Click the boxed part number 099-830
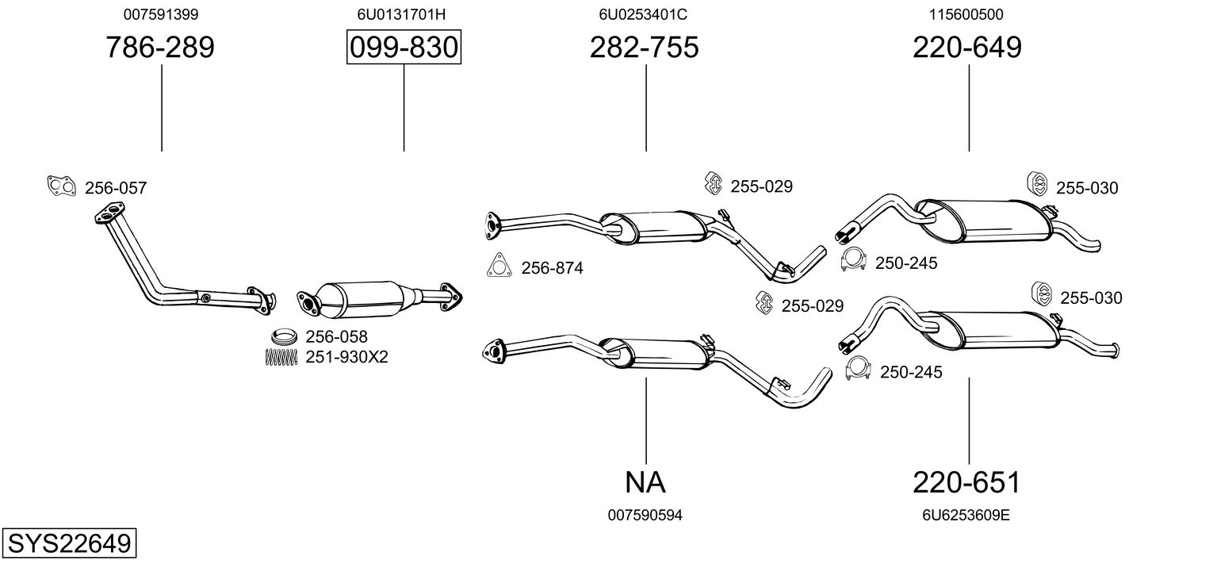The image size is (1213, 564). tap(404, 48)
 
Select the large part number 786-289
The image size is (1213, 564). tap(160, 48)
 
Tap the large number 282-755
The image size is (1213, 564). tap(644, 48)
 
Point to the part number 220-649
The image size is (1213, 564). tap(967, 48)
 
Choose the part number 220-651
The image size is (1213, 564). tap(966, 482)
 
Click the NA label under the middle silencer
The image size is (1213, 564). tap(645, 482)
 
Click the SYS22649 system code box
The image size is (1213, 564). tap(69, 544)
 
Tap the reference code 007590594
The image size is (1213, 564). tap(645, 516)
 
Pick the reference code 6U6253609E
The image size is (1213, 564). tap(966, 516)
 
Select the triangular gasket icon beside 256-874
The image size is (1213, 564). tap(498, 266)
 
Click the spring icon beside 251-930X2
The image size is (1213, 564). tap(280, 357)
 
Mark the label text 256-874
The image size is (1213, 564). tap(552, 268)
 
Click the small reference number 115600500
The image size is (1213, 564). tap(966, 14)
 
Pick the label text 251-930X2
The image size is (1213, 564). tap(346, 357)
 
